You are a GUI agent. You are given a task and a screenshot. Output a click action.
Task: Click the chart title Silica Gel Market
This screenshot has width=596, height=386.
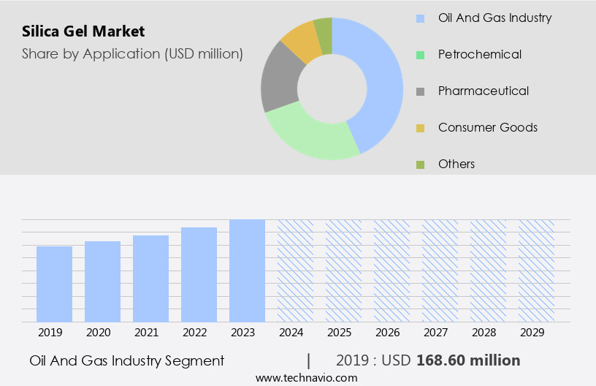[83, 31]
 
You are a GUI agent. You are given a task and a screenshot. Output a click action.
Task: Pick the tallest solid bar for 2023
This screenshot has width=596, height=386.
[247, 270]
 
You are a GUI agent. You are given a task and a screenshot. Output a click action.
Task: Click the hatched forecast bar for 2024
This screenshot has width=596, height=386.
[295, 270]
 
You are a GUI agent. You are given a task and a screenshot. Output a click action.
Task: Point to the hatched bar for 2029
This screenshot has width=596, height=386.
[536, 270]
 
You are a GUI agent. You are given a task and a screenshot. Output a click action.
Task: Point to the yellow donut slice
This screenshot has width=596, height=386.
[300, 42]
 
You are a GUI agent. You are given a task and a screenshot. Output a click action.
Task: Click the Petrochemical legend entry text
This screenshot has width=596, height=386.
[479, 54]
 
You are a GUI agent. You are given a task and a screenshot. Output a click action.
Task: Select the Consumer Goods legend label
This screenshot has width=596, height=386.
[487, 127]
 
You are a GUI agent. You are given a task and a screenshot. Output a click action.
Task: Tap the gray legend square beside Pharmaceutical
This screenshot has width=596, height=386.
[420, 91]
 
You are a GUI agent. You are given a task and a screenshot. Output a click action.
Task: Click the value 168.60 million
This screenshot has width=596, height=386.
[468, 360]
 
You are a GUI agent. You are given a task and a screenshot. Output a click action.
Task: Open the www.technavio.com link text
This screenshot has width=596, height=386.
[306, 378]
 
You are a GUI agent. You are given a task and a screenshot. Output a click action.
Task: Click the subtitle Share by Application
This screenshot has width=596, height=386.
[132, 53]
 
